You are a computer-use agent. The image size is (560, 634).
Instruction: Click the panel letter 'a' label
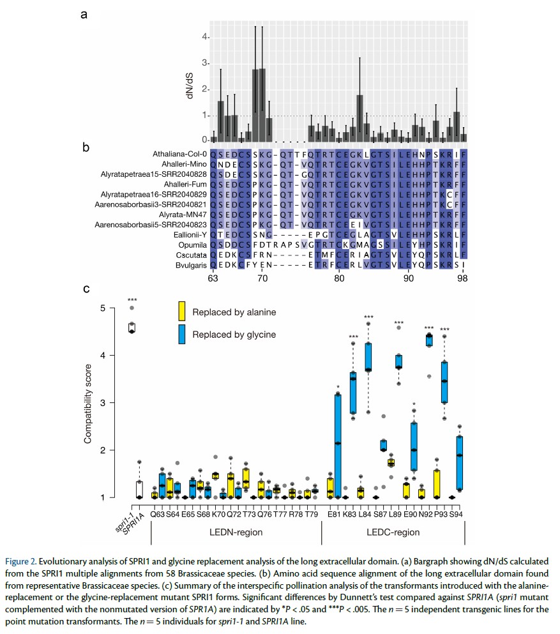[84, 13]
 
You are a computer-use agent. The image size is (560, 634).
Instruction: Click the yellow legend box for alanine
[183, 311]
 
